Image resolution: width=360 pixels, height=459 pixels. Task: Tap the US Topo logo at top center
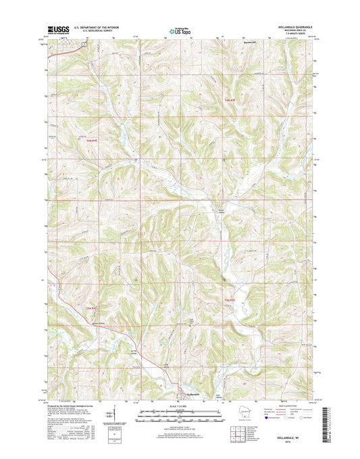pos(180,30)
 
